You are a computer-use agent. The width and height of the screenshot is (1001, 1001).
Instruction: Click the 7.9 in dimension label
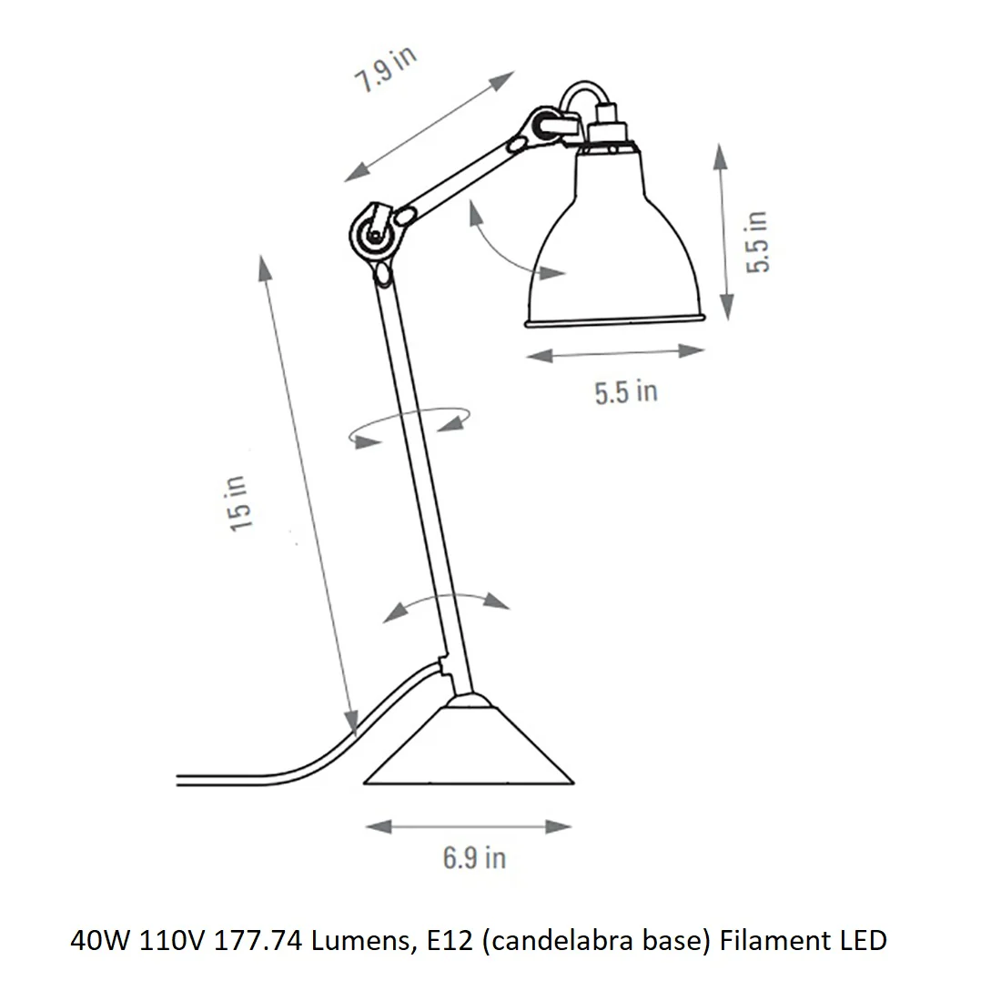click(x=386, y=69)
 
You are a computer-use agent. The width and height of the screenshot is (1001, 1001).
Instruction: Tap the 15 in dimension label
click(x=239, y=504)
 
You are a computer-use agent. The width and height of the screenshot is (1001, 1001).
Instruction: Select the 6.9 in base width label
click(x=474, y=858)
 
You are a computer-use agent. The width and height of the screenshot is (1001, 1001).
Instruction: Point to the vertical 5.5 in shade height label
click(x=757, y=242)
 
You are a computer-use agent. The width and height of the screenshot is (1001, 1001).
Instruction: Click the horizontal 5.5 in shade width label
click(x=626, y=392)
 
